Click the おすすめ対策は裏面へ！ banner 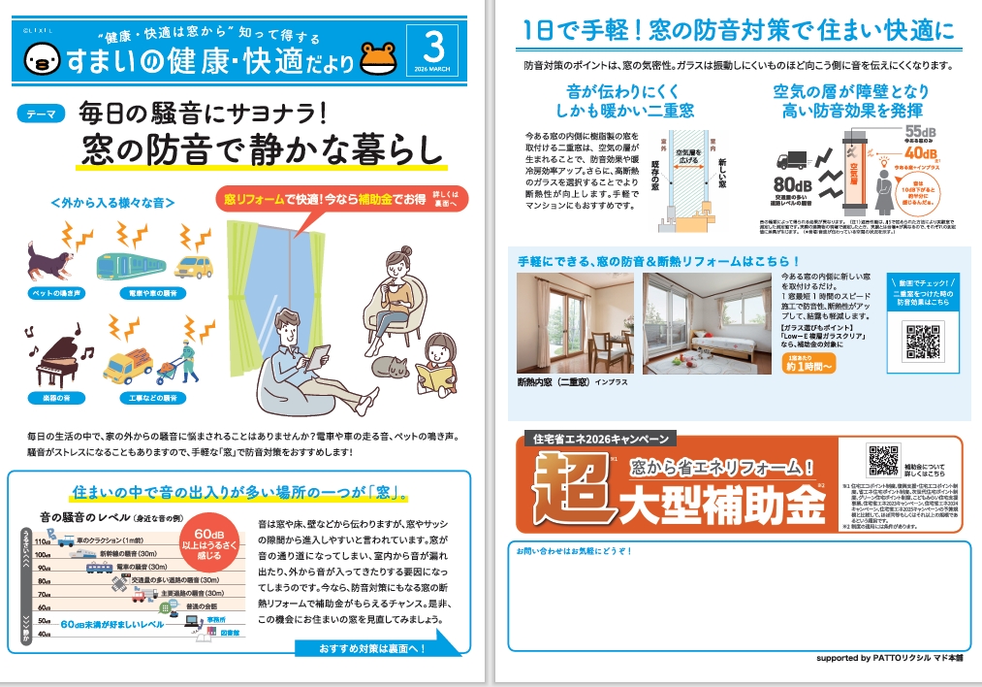(364, 647)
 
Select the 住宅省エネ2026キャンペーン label (595, 438)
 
